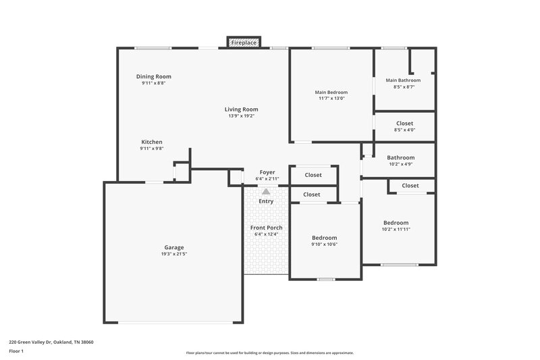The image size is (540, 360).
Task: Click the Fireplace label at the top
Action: (243, 43)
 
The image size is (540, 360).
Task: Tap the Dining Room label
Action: (153, 76)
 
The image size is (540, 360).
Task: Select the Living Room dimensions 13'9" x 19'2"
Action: (241, 116)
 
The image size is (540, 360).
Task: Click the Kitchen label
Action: (151, 142)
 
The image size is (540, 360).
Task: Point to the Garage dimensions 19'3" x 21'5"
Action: (173, 255)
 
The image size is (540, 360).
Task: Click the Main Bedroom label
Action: (331, 92)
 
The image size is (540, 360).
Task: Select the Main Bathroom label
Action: (403, 80)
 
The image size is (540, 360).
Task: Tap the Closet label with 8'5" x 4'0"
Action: (404, 124)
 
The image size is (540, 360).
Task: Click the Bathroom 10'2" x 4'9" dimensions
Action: (400, 164)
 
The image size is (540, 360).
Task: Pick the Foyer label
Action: (266, 172)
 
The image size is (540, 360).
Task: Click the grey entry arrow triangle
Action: (266, 192)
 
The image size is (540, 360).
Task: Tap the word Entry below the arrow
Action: (266, 201)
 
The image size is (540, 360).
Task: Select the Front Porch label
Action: (266, 228)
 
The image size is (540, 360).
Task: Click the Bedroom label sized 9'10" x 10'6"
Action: (324, 238)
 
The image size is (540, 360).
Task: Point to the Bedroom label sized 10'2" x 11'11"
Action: (396, 223)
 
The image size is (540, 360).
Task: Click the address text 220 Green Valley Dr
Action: (51, 342)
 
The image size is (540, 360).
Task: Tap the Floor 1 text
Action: (16, 351)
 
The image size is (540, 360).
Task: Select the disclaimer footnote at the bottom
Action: (269, 353)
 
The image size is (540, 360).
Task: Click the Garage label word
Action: (173, 247)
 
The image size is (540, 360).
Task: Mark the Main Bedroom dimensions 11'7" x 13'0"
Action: (331, 99)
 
